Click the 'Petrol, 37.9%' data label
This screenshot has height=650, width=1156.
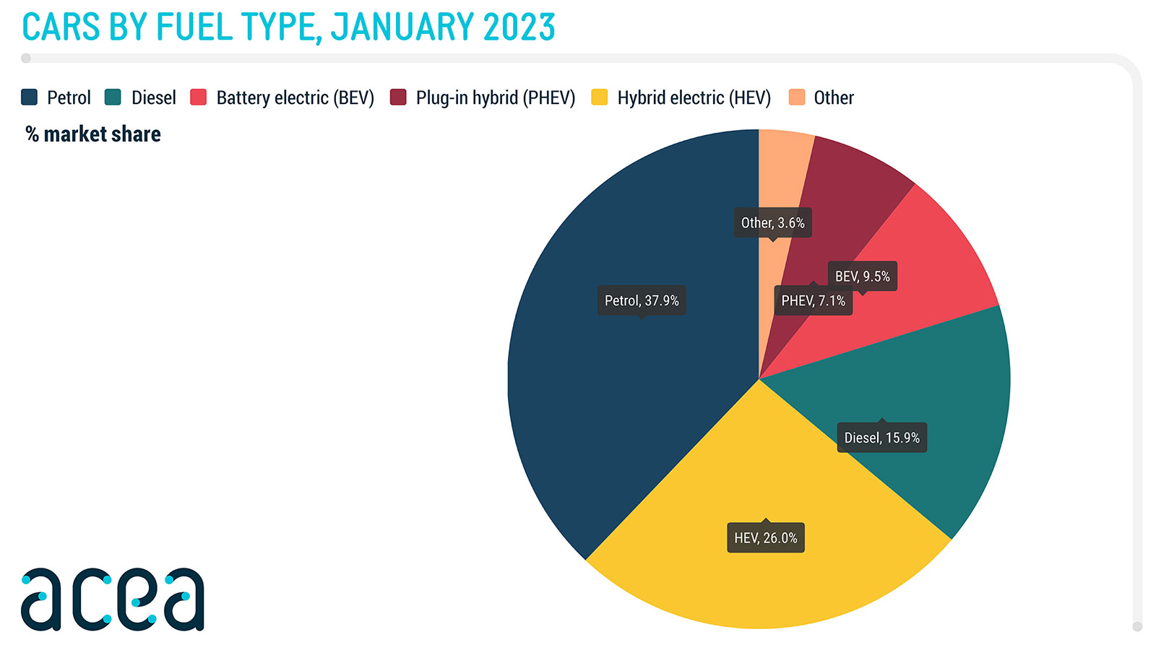[x=642, y=300]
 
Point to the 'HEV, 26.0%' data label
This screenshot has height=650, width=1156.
[x=766, y=538]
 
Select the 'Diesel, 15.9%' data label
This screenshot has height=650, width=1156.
[x=881, y=438]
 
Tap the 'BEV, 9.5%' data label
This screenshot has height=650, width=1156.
[x=862, y=276]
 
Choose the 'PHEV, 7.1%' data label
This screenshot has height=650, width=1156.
[x=813, y=300]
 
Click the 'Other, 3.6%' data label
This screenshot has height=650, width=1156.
[x=772, y=222]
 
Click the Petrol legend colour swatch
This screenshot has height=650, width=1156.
[x=30, y=97]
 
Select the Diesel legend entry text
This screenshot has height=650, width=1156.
[x=153, y=97]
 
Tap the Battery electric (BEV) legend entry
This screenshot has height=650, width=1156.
[x=295, y=97]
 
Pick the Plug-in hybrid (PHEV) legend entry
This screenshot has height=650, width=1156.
[x=495, y=97]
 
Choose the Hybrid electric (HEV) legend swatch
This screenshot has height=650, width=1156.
[x=599, y=97]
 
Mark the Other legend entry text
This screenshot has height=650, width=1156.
[x=834, y=97]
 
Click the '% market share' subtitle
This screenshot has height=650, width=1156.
[x=93, y=134]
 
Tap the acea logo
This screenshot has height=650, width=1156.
[x=113, y=599]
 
